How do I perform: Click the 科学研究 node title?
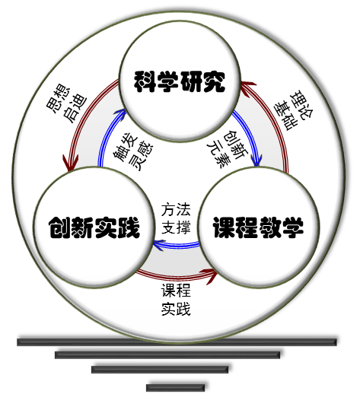click(x=180, y=81)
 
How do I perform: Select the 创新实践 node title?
click(x=94, y=227)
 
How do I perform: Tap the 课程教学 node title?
click(x=258, y=227)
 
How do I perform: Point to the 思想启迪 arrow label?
click(x=66, y=103)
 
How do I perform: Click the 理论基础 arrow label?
click(x=293, y=110)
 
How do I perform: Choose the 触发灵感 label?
click(x=133, y=153)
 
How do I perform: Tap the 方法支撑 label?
click(x=176, y=218)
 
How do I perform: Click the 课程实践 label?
click(x=176, y=300)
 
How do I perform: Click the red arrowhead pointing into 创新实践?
click(x=71, y=163)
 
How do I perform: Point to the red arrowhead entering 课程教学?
click(x=212, y=276)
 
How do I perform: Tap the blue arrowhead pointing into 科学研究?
click(x=120, y=113)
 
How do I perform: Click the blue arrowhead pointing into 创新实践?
click(x=158, y=245)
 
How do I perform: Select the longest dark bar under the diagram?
click(x=177, y=342)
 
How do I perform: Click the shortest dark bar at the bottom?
click(x=175, y=388)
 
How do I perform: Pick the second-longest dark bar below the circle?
click(x=167, y=355)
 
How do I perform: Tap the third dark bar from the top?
click(x=160, y=370)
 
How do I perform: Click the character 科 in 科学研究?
click(x=145, y=81)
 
